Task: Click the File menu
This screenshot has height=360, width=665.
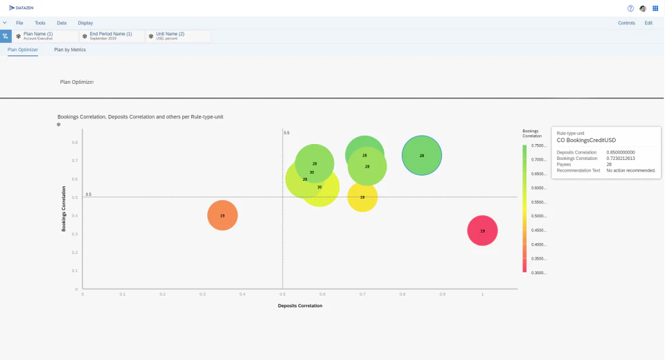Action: (19, 23)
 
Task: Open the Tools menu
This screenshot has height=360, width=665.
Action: (40, 23)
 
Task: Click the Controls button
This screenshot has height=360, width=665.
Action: (626, 23)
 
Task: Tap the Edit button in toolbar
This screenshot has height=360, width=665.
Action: (648, 23)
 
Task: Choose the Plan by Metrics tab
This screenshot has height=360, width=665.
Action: (70, 50)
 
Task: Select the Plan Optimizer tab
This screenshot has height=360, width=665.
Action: (23, 50)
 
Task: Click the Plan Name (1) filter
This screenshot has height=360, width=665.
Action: (43, 36)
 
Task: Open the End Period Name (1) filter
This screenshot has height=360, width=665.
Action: (110, 36)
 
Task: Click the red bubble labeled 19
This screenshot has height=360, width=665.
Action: (482, 231)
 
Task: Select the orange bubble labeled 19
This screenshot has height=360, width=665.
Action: (222, 215)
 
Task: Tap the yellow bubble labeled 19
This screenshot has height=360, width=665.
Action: (362, 197)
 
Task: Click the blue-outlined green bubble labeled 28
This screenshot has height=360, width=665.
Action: (422, 156)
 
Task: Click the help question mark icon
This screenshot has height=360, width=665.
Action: (630, 8)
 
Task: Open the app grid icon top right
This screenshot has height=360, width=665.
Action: (655, 8)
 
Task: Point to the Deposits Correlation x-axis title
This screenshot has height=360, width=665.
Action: (300, 305)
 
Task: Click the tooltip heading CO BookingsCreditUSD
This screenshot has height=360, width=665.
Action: (586, 141)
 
